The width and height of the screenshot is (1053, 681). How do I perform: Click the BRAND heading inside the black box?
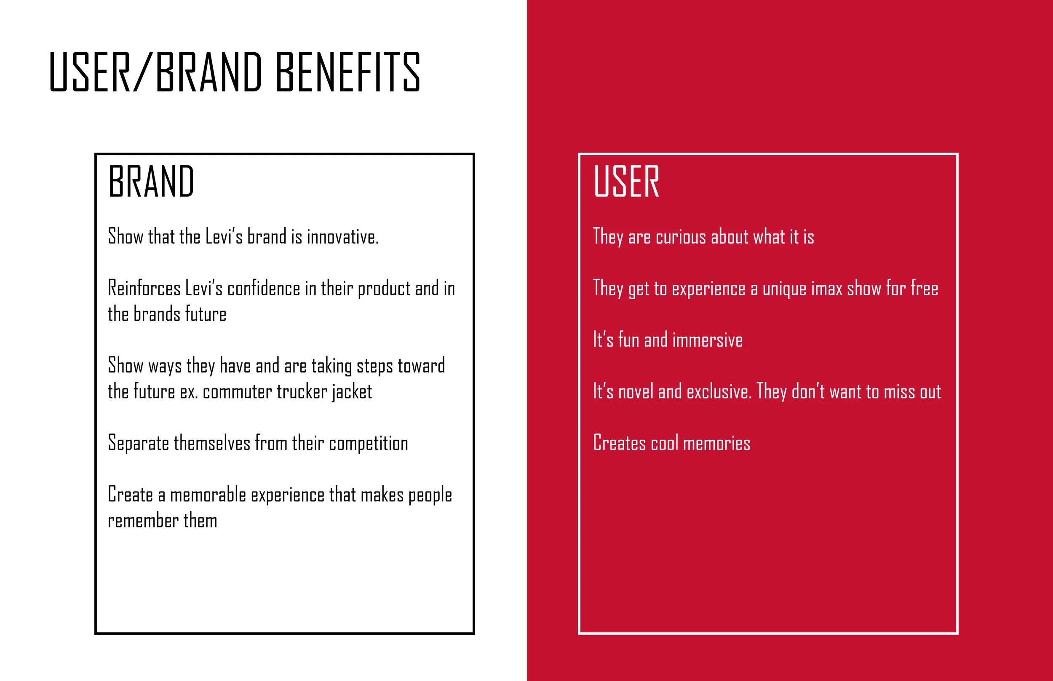151,181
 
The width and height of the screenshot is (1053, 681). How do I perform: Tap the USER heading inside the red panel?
626,181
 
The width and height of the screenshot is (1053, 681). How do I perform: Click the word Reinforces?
144,289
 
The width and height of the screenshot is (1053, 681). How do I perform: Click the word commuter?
237,392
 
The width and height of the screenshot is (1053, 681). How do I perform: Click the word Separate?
138,444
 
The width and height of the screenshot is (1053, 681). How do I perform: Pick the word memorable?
208,495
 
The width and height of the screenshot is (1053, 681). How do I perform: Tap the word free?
924,289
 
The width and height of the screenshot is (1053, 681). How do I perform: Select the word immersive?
708,340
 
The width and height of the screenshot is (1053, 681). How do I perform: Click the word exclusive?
719,392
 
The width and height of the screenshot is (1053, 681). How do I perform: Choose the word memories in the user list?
716,444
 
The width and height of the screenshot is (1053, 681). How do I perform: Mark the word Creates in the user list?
619,444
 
